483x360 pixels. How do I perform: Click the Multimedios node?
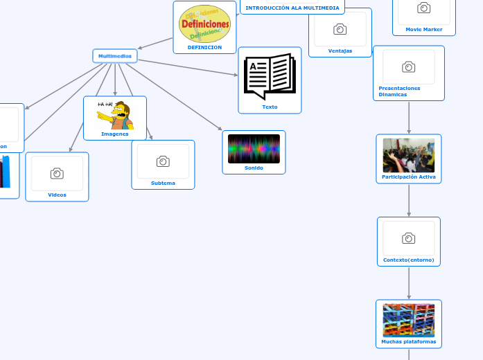tap(115, 56)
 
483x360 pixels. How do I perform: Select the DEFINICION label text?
tap(204, 48)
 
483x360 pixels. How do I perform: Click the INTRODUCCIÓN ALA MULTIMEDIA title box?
tap(292, 8)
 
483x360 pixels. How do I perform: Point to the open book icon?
tap(270, 76)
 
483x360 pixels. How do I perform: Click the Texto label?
tap(270, 107)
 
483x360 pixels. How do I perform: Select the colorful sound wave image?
tap(254, 149)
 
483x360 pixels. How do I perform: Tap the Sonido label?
tap(254, 168)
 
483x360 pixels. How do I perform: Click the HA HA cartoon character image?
tap(115, 114)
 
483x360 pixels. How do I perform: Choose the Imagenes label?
tap(115, 134)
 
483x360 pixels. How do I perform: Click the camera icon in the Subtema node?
tap(163, 161)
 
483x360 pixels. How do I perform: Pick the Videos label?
tap(57, 195)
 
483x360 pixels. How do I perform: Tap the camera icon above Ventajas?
tap(340, 29)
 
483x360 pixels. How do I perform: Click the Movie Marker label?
tap(423, 30)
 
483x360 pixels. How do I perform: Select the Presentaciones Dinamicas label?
tap(400, 91)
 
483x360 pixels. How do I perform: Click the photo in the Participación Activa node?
tap(409, 155)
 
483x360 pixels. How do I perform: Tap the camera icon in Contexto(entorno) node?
tap(409, 238)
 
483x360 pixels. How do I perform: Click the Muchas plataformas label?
tap(409, 342)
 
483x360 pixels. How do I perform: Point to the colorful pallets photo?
tap(409, 320)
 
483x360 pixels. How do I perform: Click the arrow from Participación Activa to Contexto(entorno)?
tap(409, 201)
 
